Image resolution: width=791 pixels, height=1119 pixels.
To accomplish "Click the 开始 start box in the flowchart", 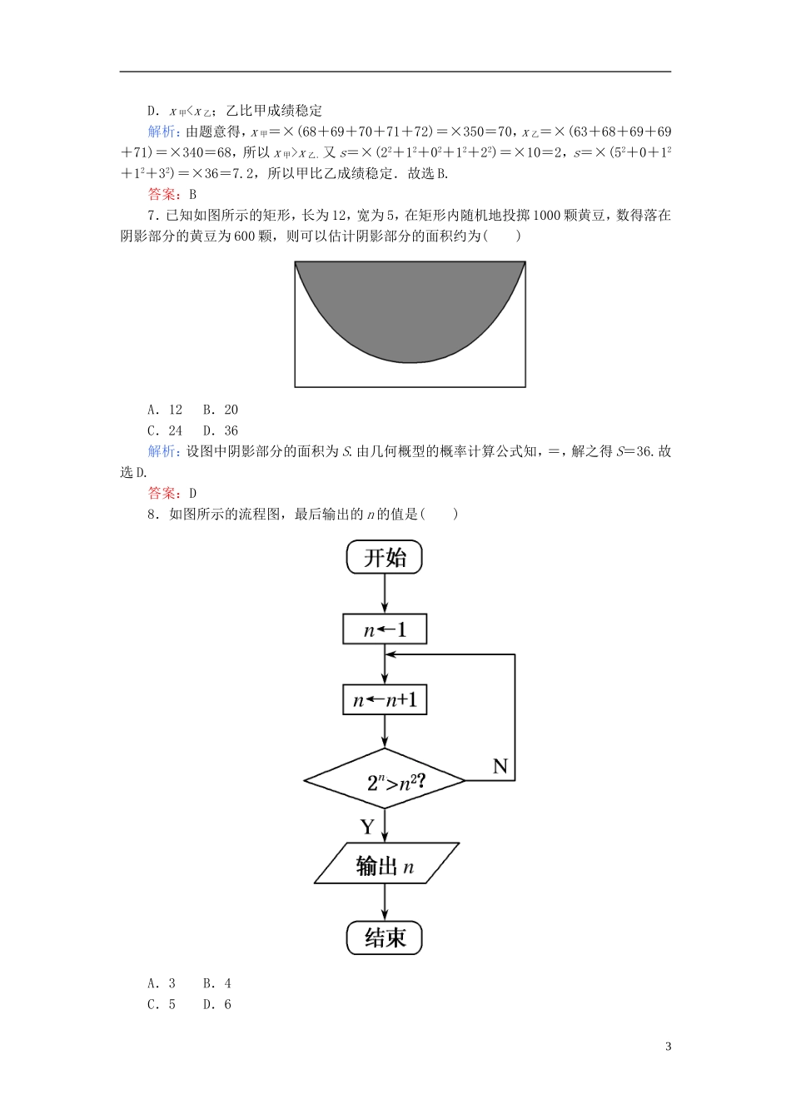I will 385,557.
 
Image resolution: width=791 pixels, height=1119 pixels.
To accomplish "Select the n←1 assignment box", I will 385,629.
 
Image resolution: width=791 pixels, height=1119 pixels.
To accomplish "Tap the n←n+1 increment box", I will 385,699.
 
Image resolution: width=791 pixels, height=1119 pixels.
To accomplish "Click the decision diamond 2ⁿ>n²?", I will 385,780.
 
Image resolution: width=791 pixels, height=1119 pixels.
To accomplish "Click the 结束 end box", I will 385,937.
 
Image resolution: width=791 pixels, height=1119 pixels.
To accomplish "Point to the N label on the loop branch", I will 500,766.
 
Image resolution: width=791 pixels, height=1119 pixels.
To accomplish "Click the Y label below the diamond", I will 367,826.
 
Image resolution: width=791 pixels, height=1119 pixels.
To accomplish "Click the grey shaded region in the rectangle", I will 410,308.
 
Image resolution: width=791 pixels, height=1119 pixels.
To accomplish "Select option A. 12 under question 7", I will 165,410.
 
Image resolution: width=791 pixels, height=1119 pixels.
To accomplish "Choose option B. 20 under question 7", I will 221,410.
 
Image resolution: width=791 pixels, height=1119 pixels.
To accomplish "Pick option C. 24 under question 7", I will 165,430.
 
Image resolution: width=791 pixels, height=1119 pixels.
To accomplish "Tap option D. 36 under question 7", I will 221,430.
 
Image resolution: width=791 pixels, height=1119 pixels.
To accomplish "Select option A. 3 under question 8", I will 162,983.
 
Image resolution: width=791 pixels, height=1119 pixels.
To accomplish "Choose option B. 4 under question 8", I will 217,983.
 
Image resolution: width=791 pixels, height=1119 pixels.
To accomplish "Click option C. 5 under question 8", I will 162,1004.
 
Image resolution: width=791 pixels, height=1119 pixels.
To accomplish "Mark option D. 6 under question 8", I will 217,1004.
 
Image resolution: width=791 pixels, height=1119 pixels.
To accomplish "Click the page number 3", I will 668,1047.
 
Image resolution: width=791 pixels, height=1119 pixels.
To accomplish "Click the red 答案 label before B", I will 163,194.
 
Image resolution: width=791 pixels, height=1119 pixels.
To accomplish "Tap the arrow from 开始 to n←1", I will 385,594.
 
